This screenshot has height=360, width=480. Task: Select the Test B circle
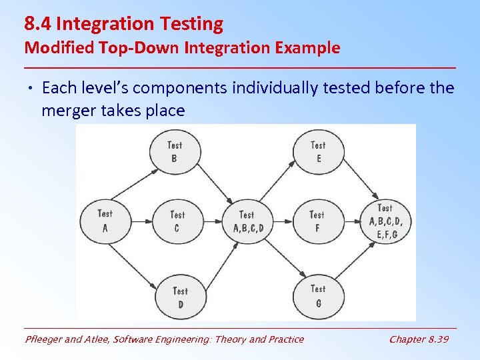click(x=175, y=151)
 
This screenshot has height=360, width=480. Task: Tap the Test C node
click(x=177, y=221)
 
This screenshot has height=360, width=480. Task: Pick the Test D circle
click(x=180, y=297)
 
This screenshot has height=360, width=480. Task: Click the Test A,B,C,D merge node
click(x=247, y=221)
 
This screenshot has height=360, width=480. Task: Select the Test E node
click(x=319, y=151)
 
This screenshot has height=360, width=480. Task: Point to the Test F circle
click(x=317, y=221)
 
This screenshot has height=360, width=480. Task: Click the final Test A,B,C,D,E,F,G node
click(x=387, y=221)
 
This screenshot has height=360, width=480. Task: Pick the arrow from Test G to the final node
click(x=356, y=261)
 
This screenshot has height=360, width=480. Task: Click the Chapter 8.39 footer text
click(x=419, y=339)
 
